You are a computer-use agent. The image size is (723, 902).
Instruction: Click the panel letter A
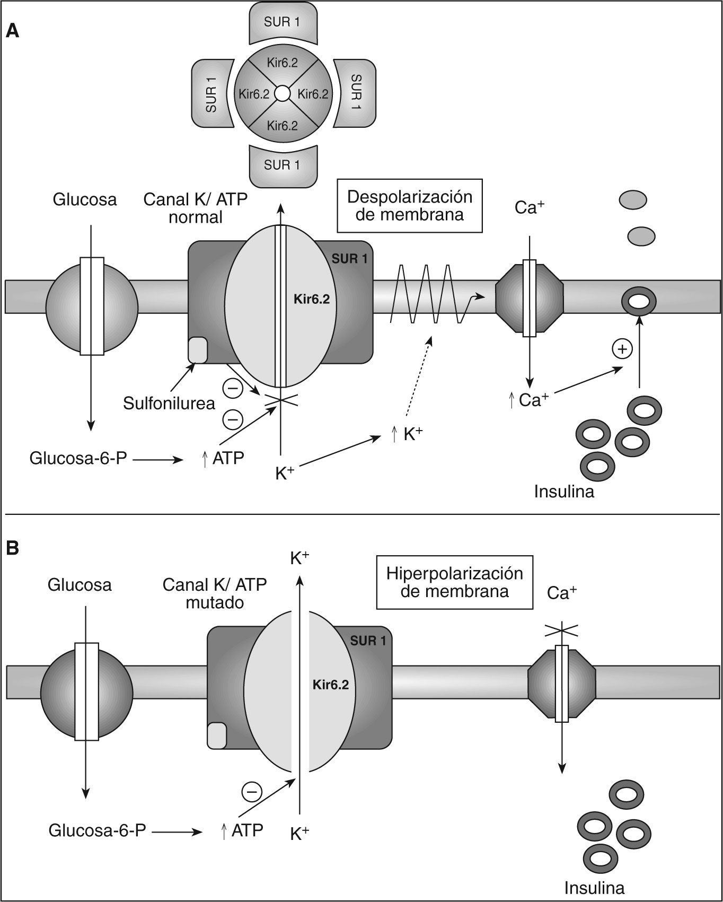(12, 31)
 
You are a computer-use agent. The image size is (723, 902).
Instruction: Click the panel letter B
(12, 548)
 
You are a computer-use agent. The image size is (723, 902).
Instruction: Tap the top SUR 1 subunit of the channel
(283, 22)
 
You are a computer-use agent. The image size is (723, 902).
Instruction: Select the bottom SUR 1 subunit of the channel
(283, 165)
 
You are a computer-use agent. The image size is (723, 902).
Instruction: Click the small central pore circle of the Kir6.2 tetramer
(283, 94)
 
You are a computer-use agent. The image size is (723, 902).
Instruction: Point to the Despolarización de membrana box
(410, 205)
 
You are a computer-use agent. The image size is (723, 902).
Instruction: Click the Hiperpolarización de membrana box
(454, 582)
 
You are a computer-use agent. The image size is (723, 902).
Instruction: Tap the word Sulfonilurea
(169, 403)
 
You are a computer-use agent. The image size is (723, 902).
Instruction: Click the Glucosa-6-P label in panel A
(78, 458)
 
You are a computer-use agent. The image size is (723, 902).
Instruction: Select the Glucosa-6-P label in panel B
(97, 830)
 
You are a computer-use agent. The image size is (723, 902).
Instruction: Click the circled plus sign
(622, 349)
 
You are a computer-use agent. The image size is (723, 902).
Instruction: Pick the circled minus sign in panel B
(252, 792)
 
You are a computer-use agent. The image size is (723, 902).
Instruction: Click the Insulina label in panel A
(564, 491)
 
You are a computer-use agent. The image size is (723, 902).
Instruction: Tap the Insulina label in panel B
(594, 887)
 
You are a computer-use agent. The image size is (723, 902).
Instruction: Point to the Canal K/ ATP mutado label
(215, 593)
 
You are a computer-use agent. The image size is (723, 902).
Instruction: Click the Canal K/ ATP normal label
(196, 208)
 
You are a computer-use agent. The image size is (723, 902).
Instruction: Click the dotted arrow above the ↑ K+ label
(419, 377)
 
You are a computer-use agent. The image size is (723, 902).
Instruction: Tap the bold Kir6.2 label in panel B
(331, 684)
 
